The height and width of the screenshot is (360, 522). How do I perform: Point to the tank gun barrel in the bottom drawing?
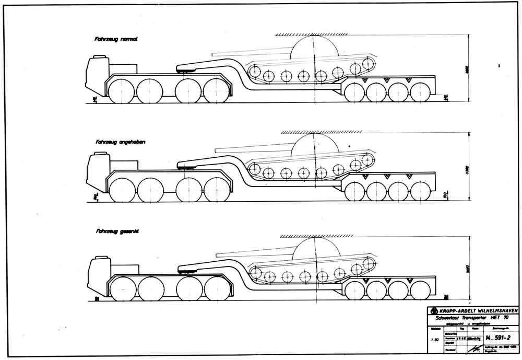(x=251, y=253)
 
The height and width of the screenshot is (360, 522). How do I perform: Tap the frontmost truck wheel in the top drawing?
(x=121, y=90)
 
